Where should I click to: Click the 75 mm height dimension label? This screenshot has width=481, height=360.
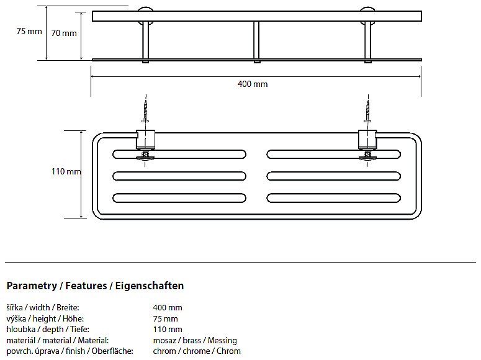click(29, 32)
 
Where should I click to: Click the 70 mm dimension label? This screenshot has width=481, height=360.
click(64, 33)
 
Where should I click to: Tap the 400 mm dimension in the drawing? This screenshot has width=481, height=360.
click(253, 84)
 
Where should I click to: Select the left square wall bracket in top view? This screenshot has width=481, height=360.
click(146, 140)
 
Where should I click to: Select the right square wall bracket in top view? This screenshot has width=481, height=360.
click(367, 140)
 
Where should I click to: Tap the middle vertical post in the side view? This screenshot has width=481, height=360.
click(256, 41)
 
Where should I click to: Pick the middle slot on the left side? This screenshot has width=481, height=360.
click(179, 176)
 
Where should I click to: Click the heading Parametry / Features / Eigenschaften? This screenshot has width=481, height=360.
click(95, 286)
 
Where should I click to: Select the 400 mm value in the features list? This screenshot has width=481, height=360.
click(168, 308)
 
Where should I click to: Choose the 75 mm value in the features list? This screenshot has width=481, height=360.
click(166, 319)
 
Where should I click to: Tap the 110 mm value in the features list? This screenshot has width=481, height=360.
click(168, 330)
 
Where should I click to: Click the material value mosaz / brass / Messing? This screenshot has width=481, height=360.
click(195, 341)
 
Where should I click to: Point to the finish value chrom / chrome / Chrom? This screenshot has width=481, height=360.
click(197, 351)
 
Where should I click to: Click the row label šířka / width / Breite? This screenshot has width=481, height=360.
click(43, 308)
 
